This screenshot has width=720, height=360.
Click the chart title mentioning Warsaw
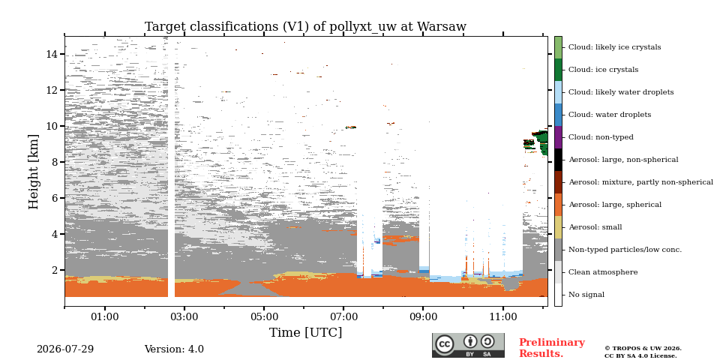coord(305,27)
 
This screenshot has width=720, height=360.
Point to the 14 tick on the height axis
coord(55,54)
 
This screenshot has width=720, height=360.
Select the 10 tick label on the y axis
coord(55,126)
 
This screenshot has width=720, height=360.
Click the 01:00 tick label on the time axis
coord(105,316)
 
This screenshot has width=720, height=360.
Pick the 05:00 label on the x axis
coord(264,316)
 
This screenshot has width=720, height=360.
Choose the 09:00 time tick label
coord(423,316)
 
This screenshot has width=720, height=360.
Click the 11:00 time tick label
coord(502,316)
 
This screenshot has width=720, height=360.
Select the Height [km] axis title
coord(34,172)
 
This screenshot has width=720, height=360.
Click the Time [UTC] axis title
coord(305,332)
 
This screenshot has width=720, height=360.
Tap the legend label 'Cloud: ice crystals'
coord(603,70)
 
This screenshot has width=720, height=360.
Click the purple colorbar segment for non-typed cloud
coord(558,137)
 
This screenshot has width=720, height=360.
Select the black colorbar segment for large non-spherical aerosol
coord(558,160)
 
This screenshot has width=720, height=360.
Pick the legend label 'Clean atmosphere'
coord(603,272)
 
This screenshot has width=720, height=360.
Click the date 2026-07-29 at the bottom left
coord(65,349)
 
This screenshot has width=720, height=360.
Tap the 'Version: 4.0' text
coord(174,349)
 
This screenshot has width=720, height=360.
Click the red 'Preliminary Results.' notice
coord(552,348)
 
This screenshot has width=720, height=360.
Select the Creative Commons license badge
coord(468,345)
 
